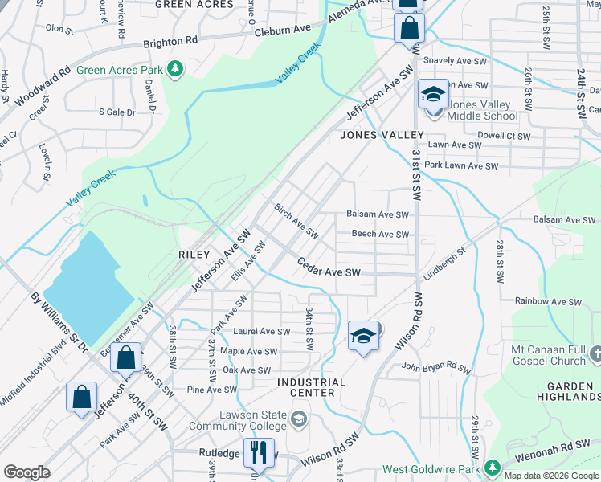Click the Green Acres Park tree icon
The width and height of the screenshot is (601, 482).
tap(174, 70)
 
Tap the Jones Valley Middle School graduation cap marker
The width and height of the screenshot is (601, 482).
tap(433, 96)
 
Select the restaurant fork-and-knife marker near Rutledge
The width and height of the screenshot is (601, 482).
tap(259, 452)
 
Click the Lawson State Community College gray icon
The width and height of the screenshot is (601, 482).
tap(299, 419)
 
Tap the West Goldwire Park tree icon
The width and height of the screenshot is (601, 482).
tap(492, 468)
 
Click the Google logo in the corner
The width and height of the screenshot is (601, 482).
tap(27, 472)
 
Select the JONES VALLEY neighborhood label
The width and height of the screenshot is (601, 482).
tap(381, 135)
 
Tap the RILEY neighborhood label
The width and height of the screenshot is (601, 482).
tap(194, 254)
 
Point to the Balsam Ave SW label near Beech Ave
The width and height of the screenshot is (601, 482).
tap(378, 215)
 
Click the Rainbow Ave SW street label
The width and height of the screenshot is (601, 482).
tap(548, 301)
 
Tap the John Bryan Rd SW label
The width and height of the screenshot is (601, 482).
tap(435, 369)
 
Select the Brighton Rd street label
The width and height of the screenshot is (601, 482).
tap(170, 41)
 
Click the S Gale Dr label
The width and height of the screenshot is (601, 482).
tap(117, 112)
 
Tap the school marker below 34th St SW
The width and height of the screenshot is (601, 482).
tap(363, 336)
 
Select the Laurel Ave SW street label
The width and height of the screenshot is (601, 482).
tap(261, 331)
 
